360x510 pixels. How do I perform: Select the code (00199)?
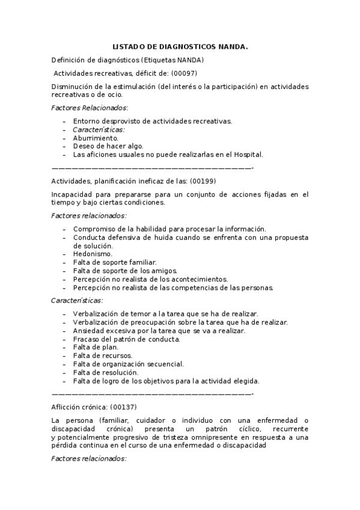(x=203, y=180)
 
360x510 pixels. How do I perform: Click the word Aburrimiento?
(x=96, y=138)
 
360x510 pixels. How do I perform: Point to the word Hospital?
(x=248, y=154)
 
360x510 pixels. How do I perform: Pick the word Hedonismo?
(x=93, y=254)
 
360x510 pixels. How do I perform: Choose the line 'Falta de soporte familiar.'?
(x=115, y=262)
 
